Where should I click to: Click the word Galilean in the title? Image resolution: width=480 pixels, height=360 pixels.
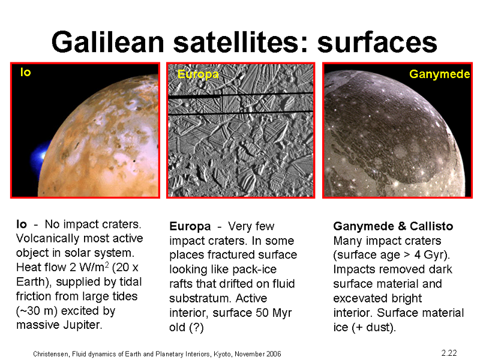coord(108,42)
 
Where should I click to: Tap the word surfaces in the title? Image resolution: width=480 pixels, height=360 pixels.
coord(377,42)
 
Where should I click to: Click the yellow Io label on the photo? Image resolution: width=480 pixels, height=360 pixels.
coord(25,72)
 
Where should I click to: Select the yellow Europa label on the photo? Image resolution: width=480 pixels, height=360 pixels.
coord(198,74)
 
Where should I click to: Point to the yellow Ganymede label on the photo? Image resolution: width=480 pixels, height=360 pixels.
coord(439,74)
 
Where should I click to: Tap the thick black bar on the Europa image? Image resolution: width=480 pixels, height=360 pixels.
coord(194,97)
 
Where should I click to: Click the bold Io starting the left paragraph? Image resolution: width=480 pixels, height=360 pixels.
coord(22,224)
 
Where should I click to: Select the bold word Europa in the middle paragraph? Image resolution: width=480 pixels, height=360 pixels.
coord(190,227)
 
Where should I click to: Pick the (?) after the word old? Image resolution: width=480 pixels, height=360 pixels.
coord(196,327)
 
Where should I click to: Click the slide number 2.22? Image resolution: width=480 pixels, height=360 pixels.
coord(449,353)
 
